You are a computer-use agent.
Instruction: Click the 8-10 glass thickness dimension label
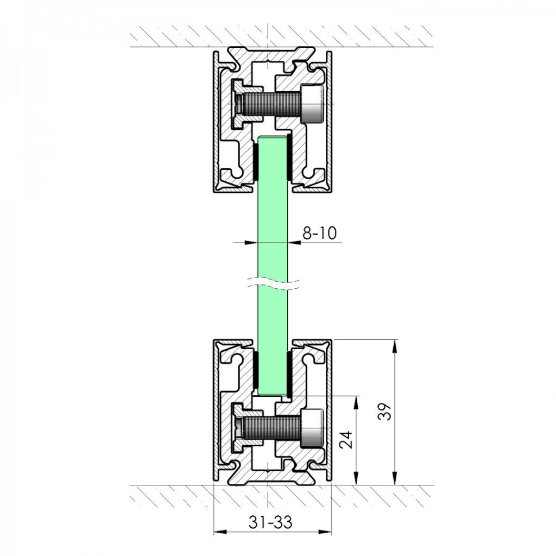(x=319, y=233)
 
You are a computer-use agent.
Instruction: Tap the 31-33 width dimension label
(x=270, y=522)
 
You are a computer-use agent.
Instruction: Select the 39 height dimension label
(x=385, y=412)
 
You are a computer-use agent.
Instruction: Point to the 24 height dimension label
(x=346, y=440)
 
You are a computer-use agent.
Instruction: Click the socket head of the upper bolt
(x=312, y=104)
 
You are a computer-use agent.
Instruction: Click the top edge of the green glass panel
(x=273, y=136)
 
